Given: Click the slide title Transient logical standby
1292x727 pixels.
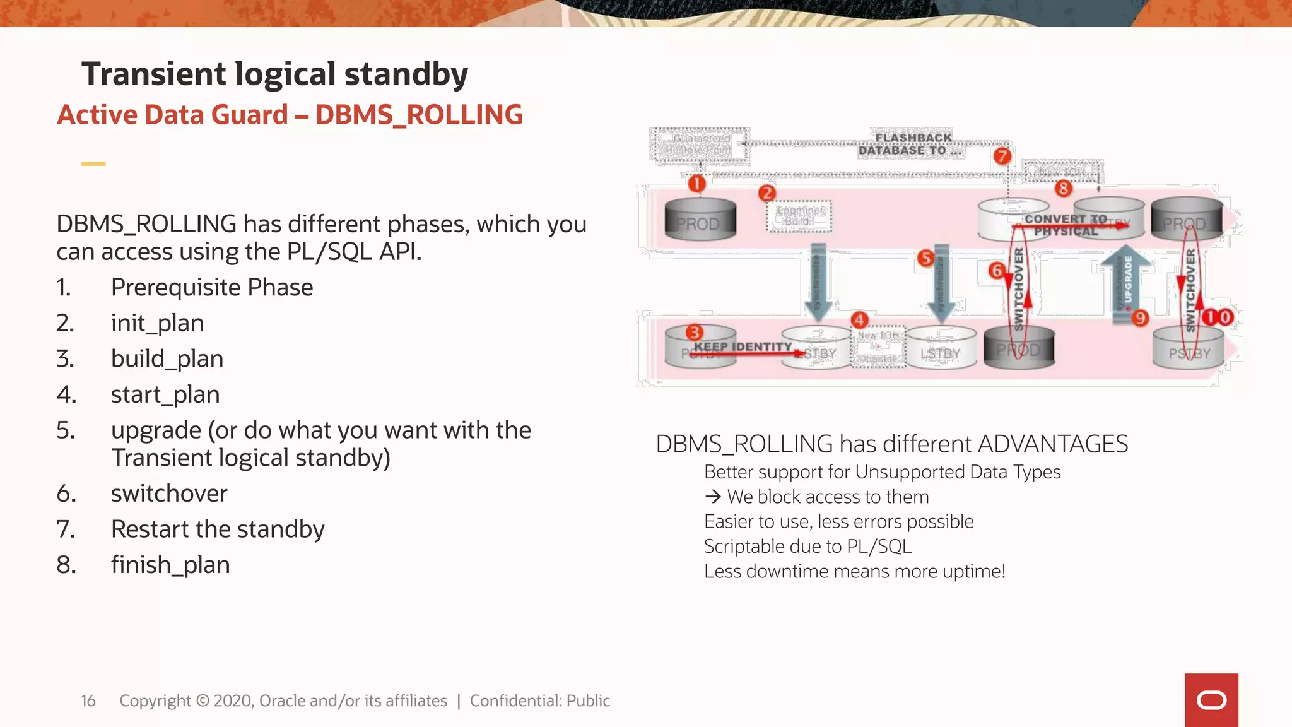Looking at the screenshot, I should coord(274,74).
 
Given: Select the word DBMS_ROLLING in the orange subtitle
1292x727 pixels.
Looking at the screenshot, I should coord(419,115).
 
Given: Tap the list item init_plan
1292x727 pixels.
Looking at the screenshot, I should coord(157,323).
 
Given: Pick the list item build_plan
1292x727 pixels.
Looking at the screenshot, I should coord(167,358).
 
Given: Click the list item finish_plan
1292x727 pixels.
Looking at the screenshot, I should coord(170,565).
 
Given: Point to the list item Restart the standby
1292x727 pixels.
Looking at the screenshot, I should coord(218,529).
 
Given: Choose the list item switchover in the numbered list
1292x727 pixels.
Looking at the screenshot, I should coord(169,494).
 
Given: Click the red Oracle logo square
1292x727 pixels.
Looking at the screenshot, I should coord(1211,700).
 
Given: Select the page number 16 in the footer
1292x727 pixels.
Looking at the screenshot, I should coord(88,700).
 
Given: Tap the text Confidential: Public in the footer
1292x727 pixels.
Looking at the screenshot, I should coord(539,700).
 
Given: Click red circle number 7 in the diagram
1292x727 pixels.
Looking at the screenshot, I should coord(1002,156).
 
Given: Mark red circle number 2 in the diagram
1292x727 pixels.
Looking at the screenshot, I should coord(767,193).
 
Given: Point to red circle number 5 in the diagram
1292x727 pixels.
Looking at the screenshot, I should coord(925,257).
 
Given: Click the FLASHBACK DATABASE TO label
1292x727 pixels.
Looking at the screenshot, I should coord(911,144).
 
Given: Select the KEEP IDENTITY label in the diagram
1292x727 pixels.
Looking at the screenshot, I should coord(743,346).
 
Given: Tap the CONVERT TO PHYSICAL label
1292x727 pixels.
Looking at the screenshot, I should coord(1066,225).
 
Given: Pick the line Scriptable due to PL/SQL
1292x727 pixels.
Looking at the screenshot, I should coord(807,547).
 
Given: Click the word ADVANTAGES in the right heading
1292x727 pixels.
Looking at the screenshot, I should coord(1052,444).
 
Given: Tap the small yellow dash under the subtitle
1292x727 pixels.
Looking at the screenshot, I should coord(93,163).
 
